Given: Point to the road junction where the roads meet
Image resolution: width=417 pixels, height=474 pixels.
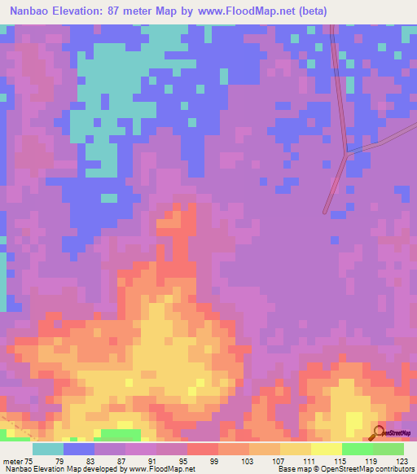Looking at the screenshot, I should [348, 151].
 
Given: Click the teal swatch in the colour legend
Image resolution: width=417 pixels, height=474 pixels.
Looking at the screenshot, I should [48, 448].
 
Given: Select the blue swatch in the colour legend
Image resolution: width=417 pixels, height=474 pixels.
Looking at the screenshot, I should [79, 448].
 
